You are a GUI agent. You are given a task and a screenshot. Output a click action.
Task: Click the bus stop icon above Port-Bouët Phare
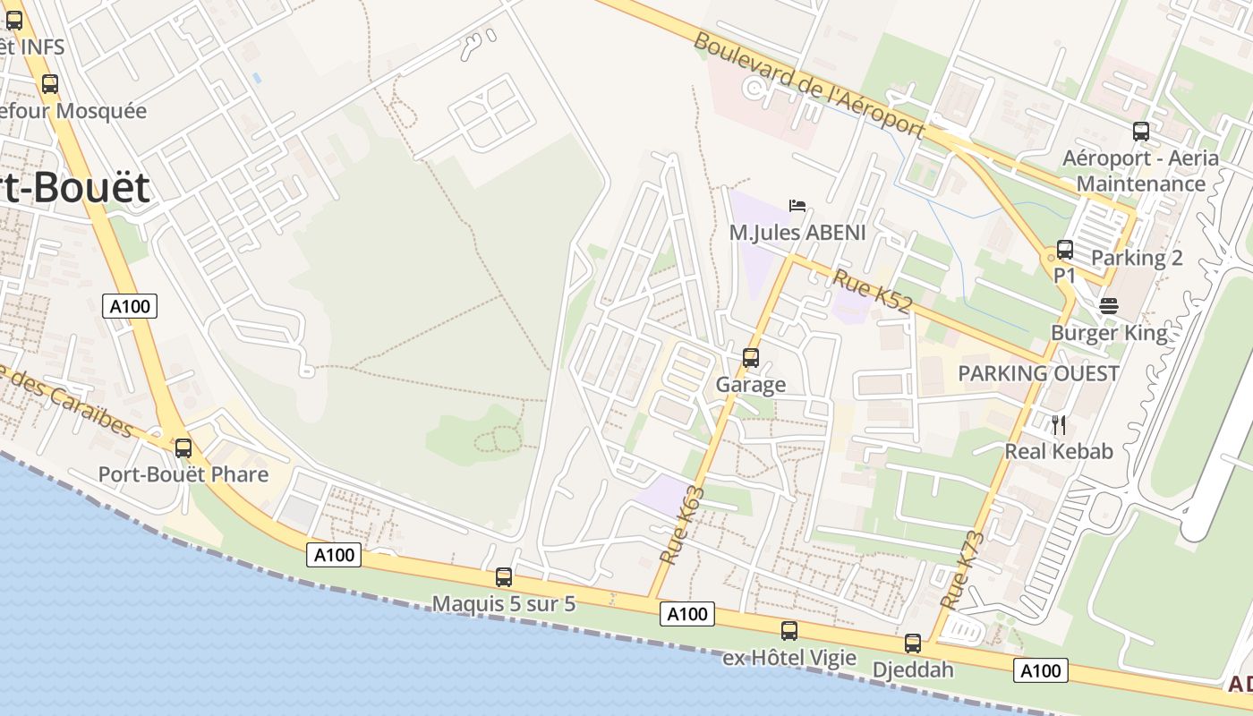pyautogui.click(x=183, y=447)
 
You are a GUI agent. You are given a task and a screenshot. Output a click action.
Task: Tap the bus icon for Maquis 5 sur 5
pyautogui.click(x=504, y=577)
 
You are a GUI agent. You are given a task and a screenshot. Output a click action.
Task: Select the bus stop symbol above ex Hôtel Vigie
pyautogui.click(x=788, y=630)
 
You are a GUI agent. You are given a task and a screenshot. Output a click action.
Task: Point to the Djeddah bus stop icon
pyautogui.click(x=912, y=643)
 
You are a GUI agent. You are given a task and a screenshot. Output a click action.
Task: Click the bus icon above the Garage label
pyautogui.click(x=751, y=358)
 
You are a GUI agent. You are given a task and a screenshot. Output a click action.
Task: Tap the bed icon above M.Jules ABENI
pyautogui.click(x=797, y=206)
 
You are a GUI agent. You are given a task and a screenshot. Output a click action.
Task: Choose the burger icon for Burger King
pyautogui.click(x=1109, y=306)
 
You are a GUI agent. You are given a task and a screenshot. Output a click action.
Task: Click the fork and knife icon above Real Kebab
pyautogui.click(x=1059, y=424)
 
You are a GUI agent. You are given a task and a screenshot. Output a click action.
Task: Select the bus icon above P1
pyautogui.click(x=1064, y=249)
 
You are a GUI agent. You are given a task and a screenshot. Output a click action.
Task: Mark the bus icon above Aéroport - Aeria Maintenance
pyautogui.click(x=1140, y=132)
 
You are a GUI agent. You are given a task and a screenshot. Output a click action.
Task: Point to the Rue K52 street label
pyautogui.click(x=873, y=291)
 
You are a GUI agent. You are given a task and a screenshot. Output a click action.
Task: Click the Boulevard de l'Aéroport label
pyautogui.click(x=808, y=86)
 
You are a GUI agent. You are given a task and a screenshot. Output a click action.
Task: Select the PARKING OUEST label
pyautogui.click(x=1038, y=373)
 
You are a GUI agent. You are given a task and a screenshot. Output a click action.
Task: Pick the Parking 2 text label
pyautogui.click(x=1137, y=258)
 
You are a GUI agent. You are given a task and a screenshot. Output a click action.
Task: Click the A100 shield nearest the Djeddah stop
pyautogui.click(x=1041, y=670)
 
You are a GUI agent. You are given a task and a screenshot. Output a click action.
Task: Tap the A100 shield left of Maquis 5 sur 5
pyautogui.click(x=335, y=555)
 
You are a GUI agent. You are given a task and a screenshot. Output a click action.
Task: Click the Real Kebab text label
pyautogui.click(x=1059, y=451)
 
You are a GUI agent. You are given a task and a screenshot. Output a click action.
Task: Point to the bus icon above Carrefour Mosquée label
pyautogui.click(x=50, y=84)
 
